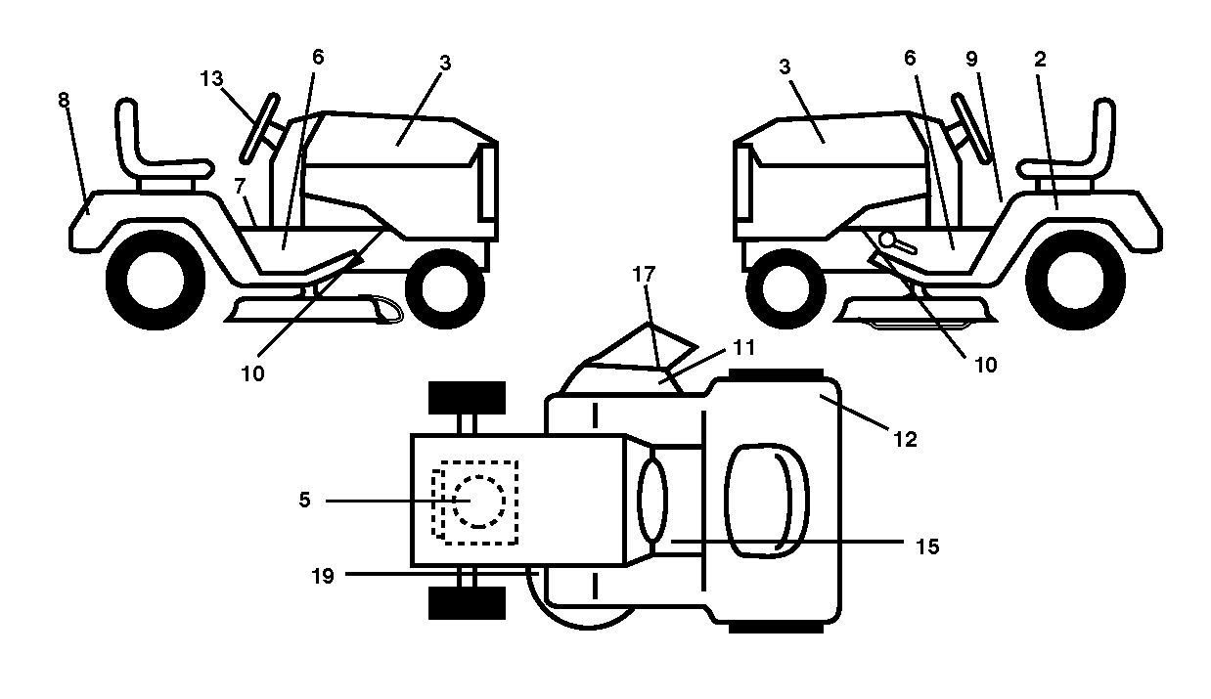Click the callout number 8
pos(64,100)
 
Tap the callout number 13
pos(211,79)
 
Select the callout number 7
pos(240,186)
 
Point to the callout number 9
pos(971,59)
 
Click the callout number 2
pos(1040,60)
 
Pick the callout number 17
pos(644,275)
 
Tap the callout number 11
pos(743,347)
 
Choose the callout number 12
pos(906,439)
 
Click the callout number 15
pos(927,546)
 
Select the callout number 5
pos(305,500)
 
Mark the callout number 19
pos(323,576)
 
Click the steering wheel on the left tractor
pos(260,129)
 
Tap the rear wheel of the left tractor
pos(156,280)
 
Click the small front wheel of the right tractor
pos(785,288)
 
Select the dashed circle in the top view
pos(479,502)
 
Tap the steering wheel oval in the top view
pos(652,500)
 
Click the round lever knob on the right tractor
pos(887,240)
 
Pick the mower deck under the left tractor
pos(314,310)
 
